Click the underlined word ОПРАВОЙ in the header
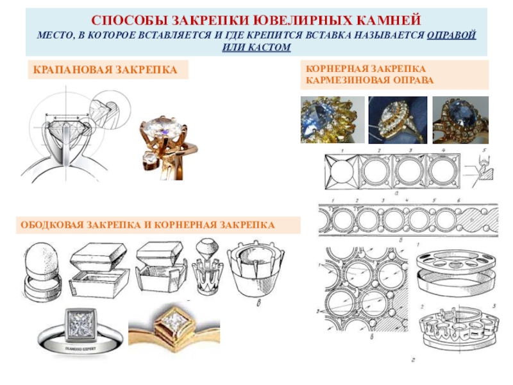pyautogui.click(x=453, y=36)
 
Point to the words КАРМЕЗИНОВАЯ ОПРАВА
pyautogui.click(x=369, y=80)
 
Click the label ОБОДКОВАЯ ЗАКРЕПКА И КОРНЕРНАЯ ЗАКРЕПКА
pyautogui.click(x=147, y=225)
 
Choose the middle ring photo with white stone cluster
pyautogui.click(x=396, y=118)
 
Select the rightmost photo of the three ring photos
pyautogui.click(x=460, y=118)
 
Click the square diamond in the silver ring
pyautogui.click(x=80, y=325)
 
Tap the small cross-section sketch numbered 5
pyautogui.click(x=482, y=168)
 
